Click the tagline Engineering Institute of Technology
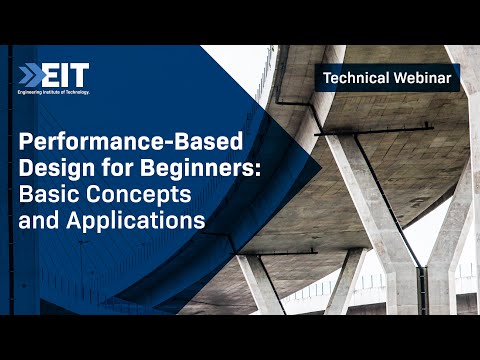tap(53, 92)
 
